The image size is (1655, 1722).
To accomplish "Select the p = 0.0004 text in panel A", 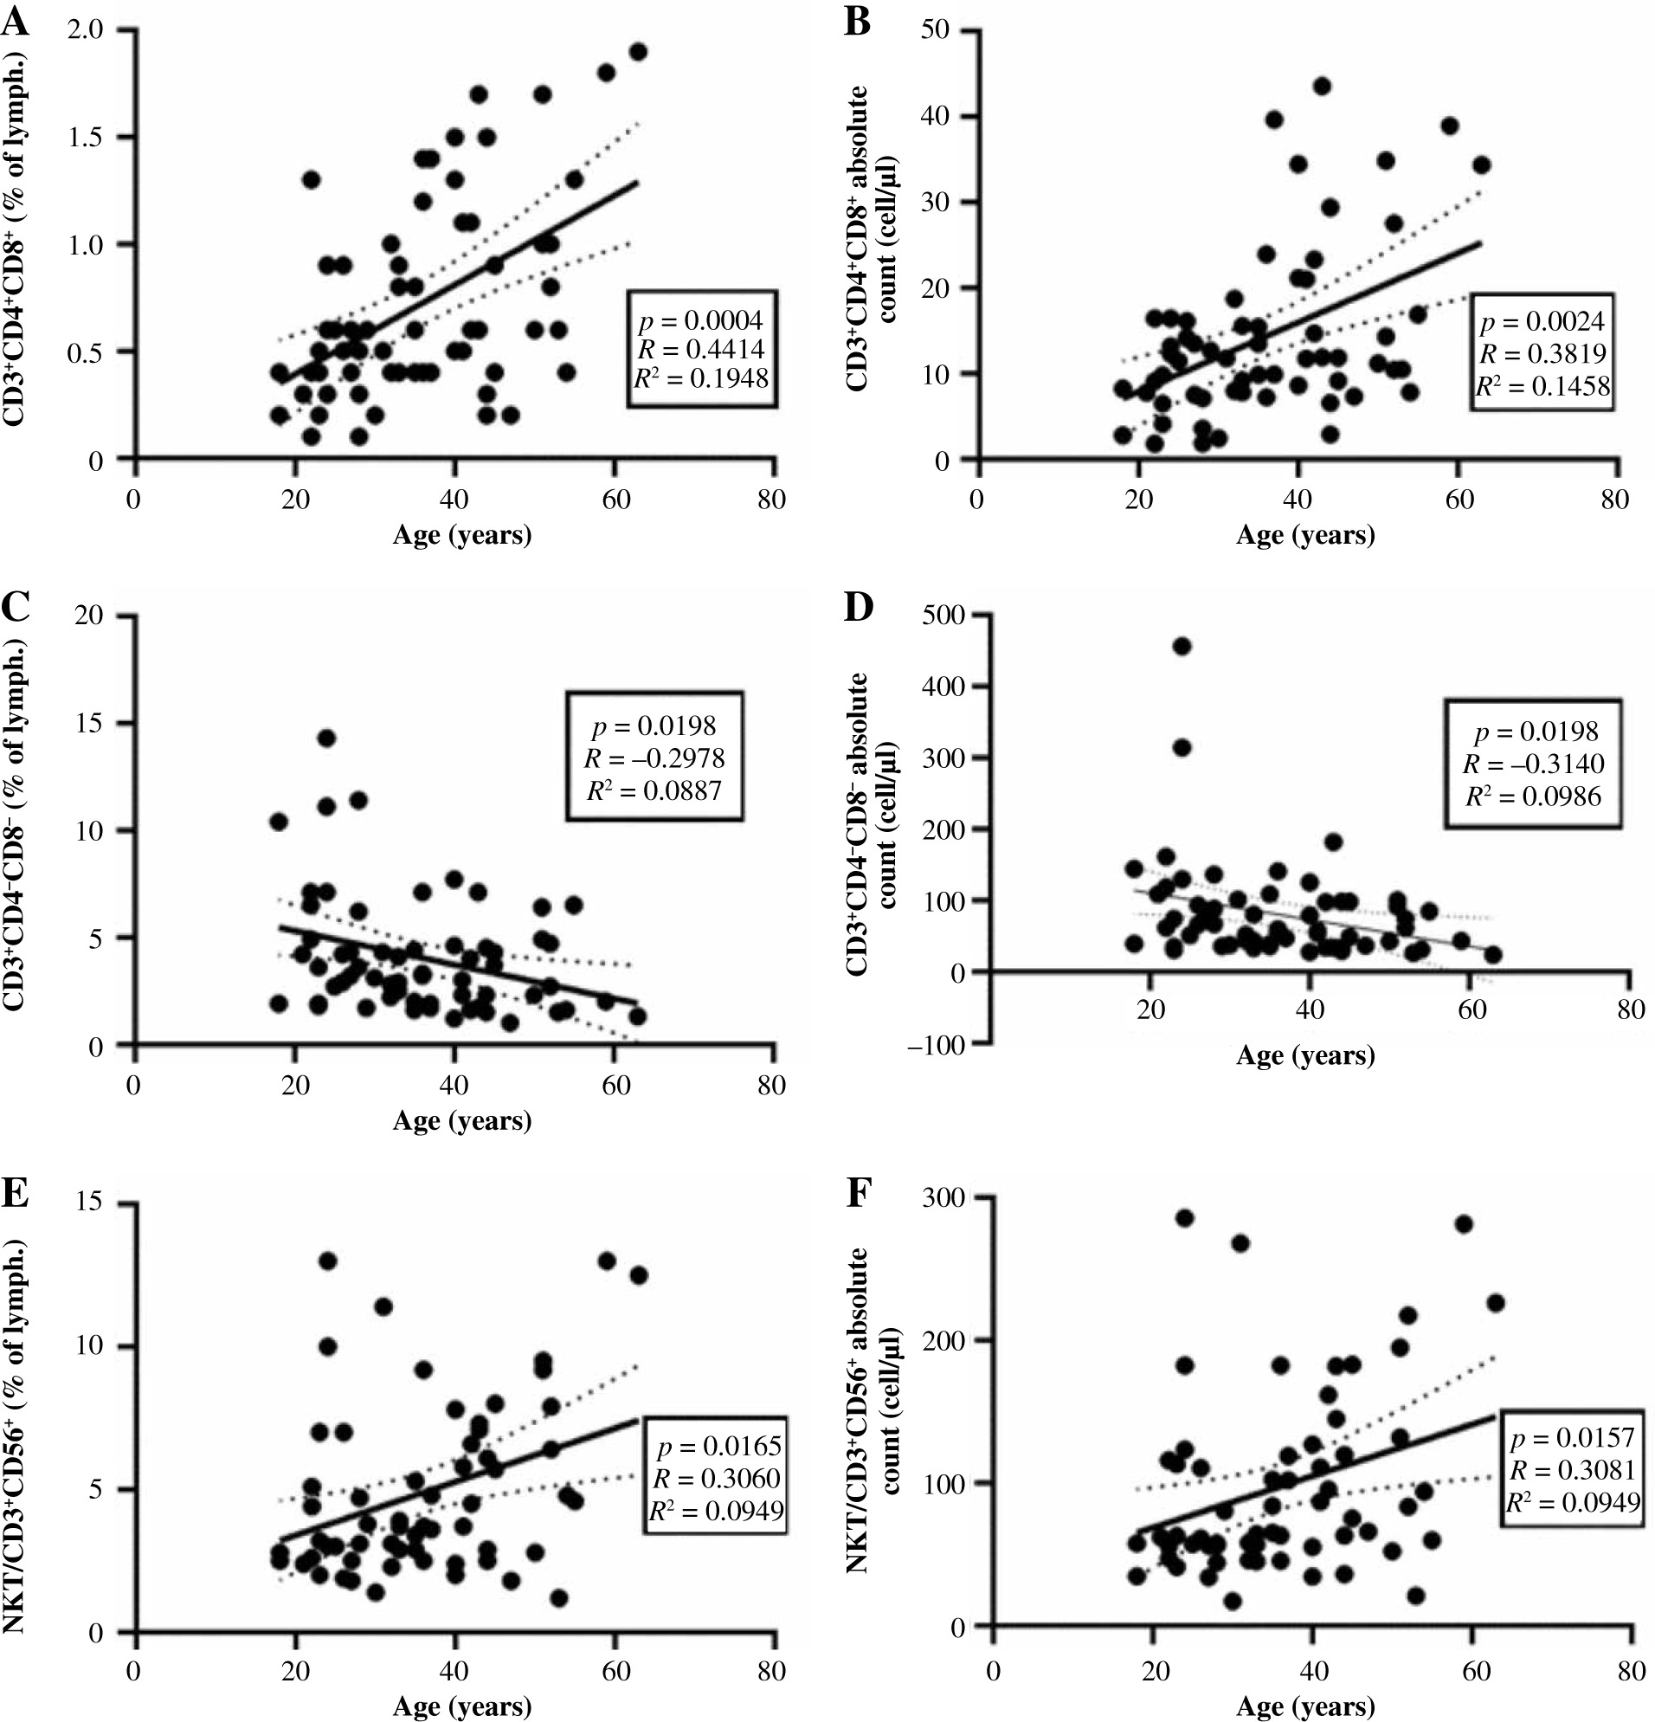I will coord(701,318).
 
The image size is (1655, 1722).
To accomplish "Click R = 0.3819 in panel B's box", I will coord(1542,353).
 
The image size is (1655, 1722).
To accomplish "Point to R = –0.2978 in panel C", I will coord(654,758).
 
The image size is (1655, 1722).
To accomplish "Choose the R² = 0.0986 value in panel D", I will coord(1533,796).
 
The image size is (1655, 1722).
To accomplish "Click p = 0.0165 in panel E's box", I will coord(713,1446).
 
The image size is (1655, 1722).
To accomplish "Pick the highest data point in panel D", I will coord(1182,647).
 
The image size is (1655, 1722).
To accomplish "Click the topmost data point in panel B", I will coord(1321,86).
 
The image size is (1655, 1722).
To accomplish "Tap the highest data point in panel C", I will coord(326,738).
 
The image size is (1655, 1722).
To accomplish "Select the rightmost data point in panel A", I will coord(638,52).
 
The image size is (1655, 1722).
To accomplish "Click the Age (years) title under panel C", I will coord(461,1119).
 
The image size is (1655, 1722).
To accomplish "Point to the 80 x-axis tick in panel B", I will coord(1614,500).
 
